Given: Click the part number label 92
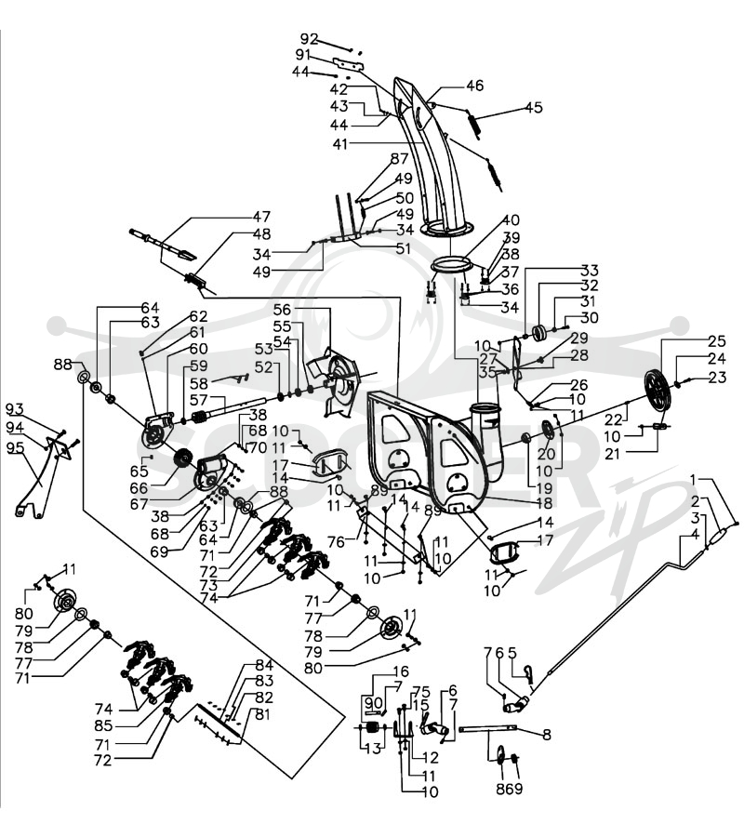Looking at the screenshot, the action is click(x=309, y=39).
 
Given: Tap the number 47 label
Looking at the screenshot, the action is click(x=261, y=217).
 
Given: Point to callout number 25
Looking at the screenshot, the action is click(x=717, y=340).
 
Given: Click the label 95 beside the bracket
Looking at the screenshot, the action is click(x=16, y=447).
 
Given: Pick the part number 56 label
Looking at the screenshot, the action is click(x=283, y=310).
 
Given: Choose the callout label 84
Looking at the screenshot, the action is click(x=264, y=665).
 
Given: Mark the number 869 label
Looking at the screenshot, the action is click(x=509, y=789).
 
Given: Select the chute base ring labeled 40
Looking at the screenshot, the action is click(x=452, y=265).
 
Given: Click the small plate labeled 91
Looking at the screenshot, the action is click(x=349, y=64).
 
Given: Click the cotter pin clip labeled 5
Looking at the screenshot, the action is click(x=528, y=675).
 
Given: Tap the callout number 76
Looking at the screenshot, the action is click(x=337, y=542).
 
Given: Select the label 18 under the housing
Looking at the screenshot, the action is click(x=544, y=502).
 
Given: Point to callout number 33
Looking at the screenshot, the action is click(x=590, y=270).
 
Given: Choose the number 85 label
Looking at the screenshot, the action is click(x=103, y=725).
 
